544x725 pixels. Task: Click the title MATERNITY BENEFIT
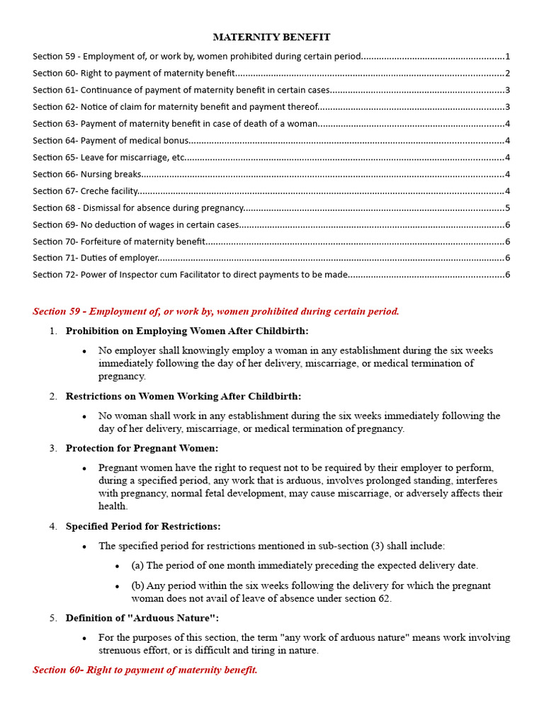[x=272, y=37]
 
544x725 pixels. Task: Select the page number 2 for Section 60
[x=508, y=73]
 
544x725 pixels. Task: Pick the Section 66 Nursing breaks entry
[x=87, y=174]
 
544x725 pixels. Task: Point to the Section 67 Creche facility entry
[x=85, y=191]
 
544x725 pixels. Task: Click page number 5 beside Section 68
[x=508, y=208]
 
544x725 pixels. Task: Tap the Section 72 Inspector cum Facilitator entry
[x=190, y=275]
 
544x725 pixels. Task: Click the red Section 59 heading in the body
[x=216, y=312]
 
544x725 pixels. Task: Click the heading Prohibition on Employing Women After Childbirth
[x=187, y=331]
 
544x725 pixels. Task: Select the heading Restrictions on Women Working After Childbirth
[x=183, y=396]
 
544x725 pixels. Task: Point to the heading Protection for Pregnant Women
[x=142, y=448]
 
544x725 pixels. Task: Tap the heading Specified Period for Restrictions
[x=143, y=526]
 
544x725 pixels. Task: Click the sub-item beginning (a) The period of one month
[x=305, y=566]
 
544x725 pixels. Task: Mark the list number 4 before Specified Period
[x=53, y=526]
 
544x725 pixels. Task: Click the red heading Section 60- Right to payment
[x=145, y=670]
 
